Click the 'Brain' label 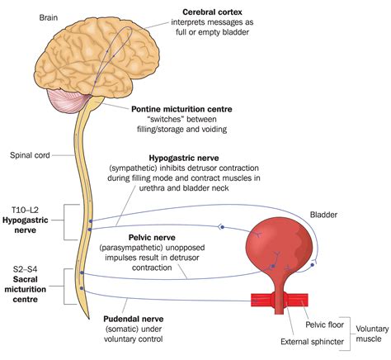click(x=49, y=17)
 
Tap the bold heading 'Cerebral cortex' click(x=212, y=12)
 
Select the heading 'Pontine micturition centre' click(x=181, y=109)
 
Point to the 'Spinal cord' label click(x=30, y=155)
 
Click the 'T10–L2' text click(x=26, y=210)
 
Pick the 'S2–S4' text click(x=25, y=269)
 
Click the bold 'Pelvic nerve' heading click(x=152, y=237)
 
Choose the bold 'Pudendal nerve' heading click(x=134, y=319)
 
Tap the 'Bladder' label click(x=323, y=215)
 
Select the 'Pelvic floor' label click(x=325, y=324)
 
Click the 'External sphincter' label click(x=312, y=342)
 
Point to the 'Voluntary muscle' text click(x=372, y=334)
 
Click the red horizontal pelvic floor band click(x=280, y=300)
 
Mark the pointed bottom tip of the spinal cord click(x=89, y=319)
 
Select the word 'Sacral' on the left click(x=26, y=279)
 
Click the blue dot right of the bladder click(x=312, y=265)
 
